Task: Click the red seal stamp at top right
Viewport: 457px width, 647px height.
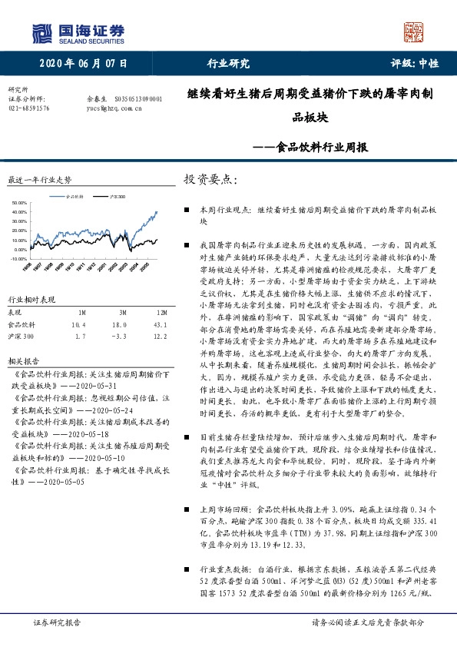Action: (414, 32)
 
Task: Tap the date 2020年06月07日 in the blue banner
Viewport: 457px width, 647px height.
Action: (83, 64)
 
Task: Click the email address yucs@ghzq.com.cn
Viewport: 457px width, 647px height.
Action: (111, 108)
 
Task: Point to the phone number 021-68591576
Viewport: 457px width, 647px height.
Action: (28, 108)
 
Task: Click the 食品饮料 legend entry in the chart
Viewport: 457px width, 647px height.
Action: (75, 197)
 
